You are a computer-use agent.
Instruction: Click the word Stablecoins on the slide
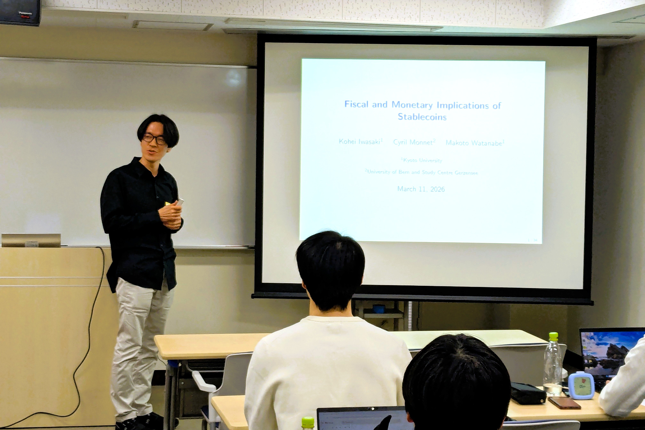click(x=422, y=117)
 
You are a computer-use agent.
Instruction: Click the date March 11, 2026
click(x=421, y=189)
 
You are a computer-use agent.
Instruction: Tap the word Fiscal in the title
click(x=356, y=104)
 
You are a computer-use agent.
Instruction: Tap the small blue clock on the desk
click(x=581, y=385)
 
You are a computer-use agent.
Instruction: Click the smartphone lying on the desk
click(x=564, y=403)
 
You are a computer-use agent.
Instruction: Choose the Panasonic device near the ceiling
click(x=20, y=12)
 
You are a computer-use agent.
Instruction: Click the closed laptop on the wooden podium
click(x=31, y=240)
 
